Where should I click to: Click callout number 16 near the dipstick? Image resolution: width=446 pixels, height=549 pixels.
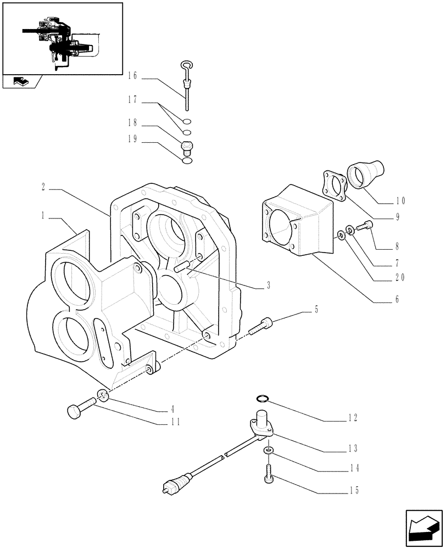point(132,75)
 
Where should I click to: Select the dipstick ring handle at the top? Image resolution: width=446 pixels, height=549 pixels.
point(186,67)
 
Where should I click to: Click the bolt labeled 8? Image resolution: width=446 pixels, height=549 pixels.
point(364,225)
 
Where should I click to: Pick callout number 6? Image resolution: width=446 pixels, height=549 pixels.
point(395,300)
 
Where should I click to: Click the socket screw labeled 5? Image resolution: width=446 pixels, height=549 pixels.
point(259,327)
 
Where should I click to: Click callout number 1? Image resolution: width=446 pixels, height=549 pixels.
point(43,216)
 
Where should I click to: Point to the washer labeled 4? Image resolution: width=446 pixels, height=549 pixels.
point(103,395)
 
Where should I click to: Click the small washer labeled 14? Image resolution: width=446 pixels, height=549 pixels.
point(267,450)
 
